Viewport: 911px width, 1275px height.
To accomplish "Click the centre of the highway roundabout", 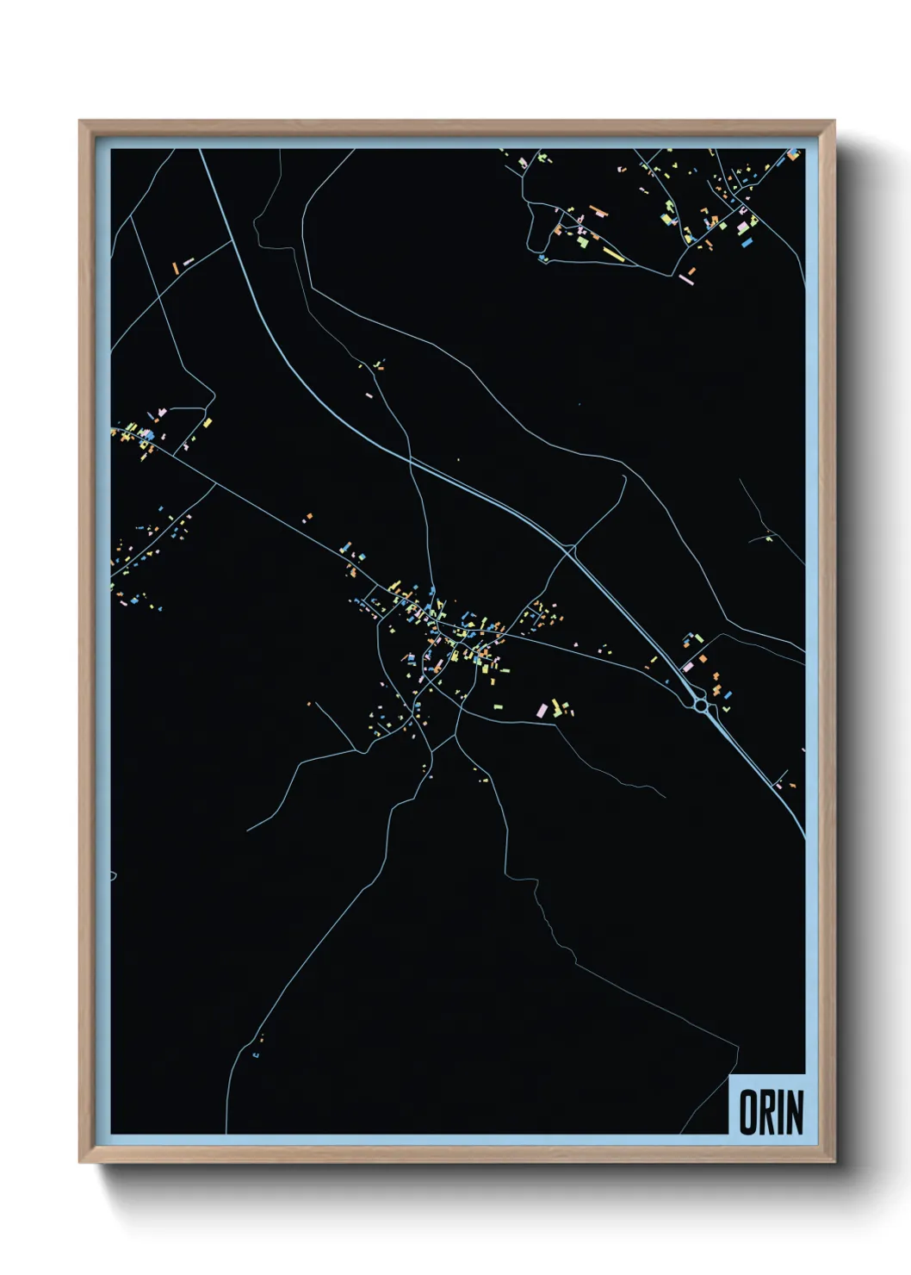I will [x=702, y=706].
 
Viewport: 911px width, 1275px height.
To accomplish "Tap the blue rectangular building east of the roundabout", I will [x=728, y=694].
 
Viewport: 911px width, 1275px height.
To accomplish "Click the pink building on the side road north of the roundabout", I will [x=688, y=666].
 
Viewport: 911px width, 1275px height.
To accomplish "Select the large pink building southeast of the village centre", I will [x=542, y=711].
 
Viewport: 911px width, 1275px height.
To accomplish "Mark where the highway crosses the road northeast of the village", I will [x=570, y=546].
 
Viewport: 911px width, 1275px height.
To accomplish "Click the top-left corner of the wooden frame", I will [x=80, y=121].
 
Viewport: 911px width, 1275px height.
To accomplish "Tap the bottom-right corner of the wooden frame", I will [x=834, y=1162].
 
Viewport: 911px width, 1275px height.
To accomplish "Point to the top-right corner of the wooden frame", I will [x=834, y=121].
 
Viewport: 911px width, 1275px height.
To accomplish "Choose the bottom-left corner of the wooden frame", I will [x=80, y=1162].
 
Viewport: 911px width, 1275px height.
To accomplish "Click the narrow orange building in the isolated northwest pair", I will [x=176, y=267].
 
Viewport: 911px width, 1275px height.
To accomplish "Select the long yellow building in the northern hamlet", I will [x=612, y=253].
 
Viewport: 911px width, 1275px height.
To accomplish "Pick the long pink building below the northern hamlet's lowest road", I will [x=686, y=279].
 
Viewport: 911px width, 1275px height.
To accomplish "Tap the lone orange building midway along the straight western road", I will [x=308, y=518].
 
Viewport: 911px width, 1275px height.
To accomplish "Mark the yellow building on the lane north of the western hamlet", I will [x=207, y=423].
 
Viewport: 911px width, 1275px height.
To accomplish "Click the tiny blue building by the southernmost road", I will [x=256, y=1054].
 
